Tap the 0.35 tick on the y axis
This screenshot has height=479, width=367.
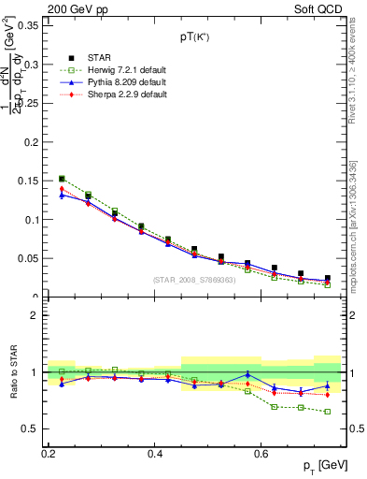click(30, 26)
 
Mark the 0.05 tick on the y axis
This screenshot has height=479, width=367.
click(30, 258)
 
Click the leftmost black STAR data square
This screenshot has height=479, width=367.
click(62, 178)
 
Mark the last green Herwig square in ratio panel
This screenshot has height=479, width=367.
click(327, 412)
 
